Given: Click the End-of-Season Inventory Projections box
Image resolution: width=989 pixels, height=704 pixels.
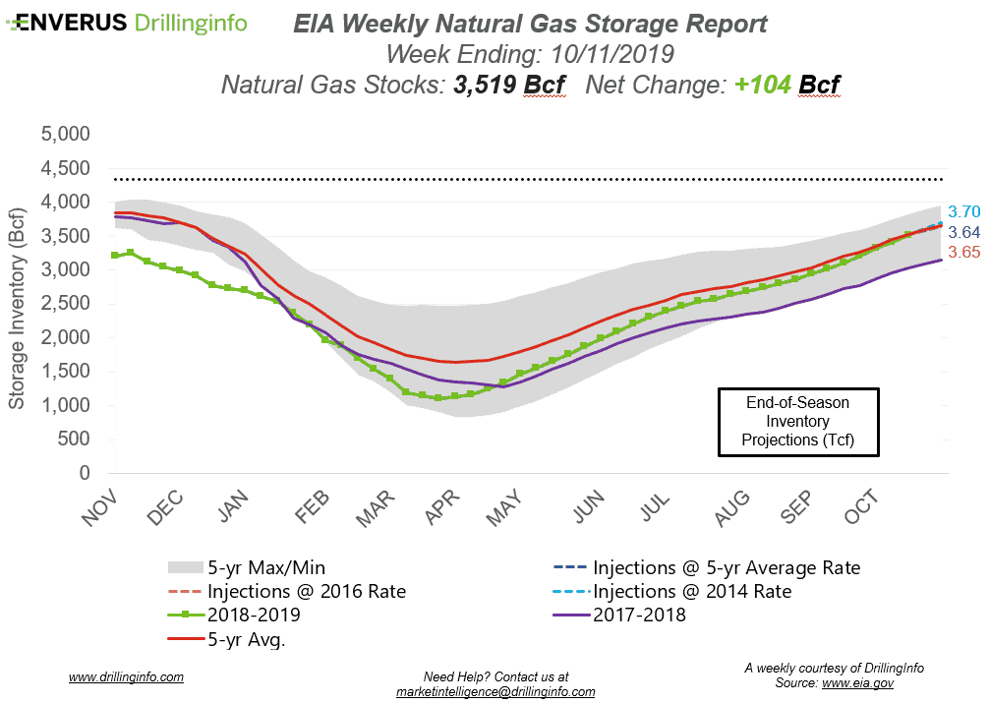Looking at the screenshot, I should pos(797,422).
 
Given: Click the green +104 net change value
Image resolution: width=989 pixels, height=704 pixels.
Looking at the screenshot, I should pos(763,86).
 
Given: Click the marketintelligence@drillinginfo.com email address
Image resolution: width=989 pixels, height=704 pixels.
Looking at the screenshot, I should pos(494,691).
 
